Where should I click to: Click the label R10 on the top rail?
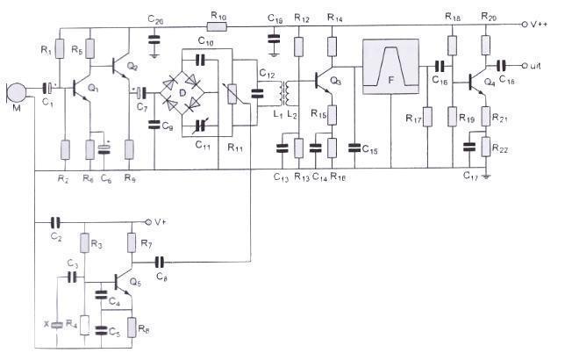point(219,17)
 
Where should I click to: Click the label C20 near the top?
point(155,19)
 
